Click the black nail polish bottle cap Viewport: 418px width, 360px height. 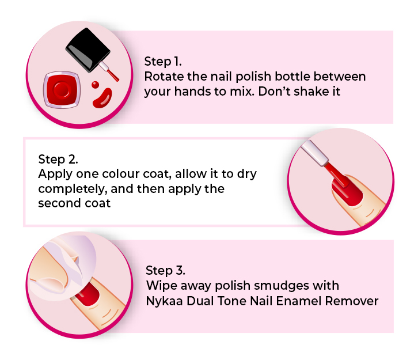(88, 50)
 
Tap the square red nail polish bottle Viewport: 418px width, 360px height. (62, 90)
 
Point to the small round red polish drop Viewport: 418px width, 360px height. (95, 85)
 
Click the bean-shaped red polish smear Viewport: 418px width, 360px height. (102, 98)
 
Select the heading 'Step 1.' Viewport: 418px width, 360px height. (163, 62)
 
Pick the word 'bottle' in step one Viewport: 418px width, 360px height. (292, 77)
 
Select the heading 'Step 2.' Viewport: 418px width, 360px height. (58, 160)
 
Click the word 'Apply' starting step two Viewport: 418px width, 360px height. (55, 175)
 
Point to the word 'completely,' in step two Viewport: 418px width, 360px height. (73, 190)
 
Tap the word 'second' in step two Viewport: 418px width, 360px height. (59, 203)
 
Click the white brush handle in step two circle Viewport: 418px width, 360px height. (314, 152)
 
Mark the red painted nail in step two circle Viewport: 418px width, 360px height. (347, 191)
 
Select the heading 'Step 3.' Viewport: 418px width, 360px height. (165, 270)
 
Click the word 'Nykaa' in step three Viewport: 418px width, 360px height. (164, 301)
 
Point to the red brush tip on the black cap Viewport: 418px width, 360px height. (113, 75)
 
